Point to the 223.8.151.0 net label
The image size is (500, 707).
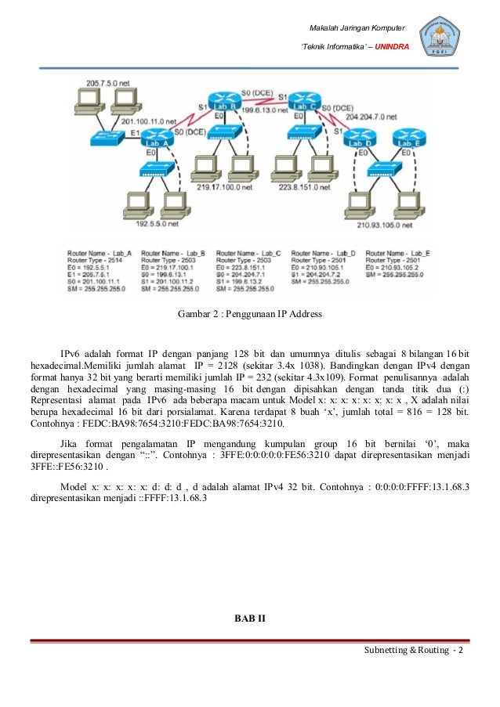coord(303,188)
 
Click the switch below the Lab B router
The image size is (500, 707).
coord(226,131)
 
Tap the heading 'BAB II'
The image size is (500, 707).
coord(250,619)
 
